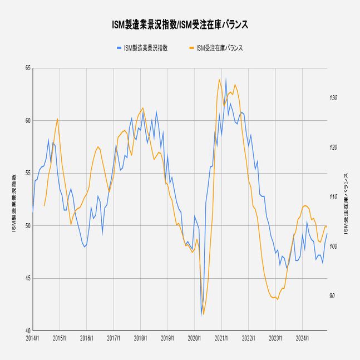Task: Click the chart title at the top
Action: [180, 24]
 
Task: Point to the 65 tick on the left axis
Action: [27, 68]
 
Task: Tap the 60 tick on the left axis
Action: [27, 120]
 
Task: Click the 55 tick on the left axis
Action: [27, 173]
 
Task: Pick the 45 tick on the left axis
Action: [27, 278]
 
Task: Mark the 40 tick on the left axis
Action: [27, 331]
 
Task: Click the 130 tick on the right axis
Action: [334, 98]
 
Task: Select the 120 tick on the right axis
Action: [334, 147]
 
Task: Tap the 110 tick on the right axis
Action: [334, 197]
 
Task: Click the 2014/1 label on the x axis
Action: [32, 338]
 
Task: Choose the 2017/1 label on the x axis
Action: [114, 338]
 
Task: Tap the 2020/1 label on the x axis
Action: [194, 338]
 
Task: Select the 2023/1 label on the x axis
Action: [275, 338]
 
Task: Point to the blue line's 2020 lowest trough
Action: [201, 314]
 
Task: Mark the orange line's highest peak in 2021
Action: [219, 80]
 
